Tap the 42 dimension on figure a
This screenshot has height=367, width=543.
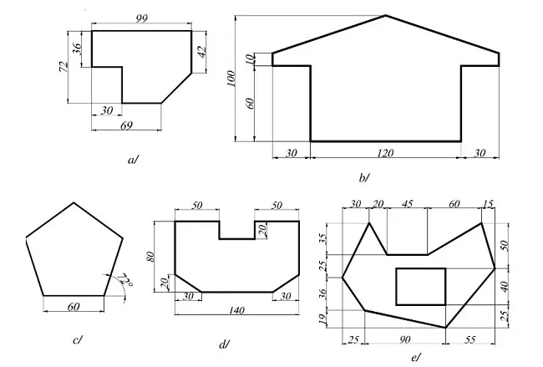(x=200, y=51)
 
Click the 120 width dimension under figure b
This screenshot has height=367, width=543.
(x=385, y=153)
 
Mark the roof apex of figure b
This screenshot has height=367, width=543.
(x=386, y=16)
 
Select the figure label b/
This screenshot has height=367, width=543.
(x=363, y=177)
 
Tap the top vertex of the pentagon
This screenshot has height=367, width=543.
(x=75, y=202)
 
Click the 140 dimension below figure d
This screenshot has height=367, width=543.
(x=236, y=309)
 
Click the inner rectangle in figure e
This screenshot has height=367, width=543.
(x=420, y=286)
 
